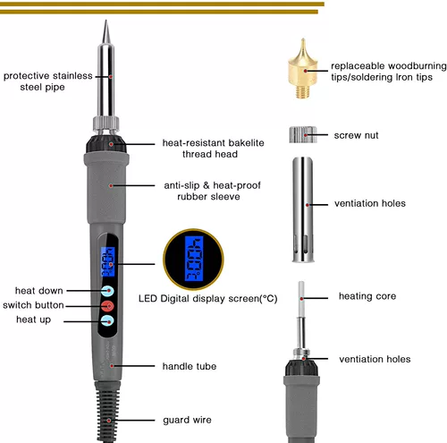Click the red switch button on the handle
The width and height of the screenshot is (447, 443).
coord(107,306)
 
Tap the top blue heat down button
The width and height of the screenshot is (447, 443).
coord(107,291)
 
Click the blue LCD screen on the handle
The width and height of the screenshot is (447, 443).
coord(108,261)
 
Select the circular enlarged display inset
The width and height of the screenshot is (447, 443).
coord(193,260)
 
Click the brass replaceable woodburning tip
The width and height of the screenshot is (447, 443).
coord(303,69)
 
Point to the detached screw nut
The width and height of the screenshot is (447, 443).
coord(303,134)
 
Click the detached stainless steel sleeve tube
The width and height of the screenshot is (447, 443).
coord(303,209)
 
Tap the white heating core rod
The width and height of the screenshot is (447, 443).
coord(301,299)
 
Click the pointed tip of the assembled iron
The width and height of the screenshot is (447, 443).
coord(105,21)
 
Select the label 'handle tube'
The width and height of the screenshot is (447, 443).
coord(190,366)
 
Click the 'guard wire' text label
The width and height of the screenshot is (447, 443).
coord(187,420)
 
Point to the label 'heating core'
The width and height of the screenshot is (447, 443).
coord(367,296)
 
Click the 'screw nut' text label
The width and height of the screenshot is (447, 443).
coord(356,135)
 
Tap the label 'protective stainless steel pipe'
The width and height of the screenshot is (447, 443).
coord(47,81)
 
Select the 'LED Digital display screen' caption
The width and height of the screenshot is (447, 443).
coord(208,299)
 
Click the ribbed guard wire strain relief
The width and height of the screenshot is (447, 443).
coord(108,412)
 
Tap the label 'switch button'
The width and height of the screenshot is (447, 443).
coord(33,305)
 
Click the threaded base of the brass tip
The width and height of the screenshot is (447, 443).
coord(303,91)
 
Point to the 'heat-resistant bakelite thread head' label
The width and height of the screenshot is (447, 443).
coord(213,149)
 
